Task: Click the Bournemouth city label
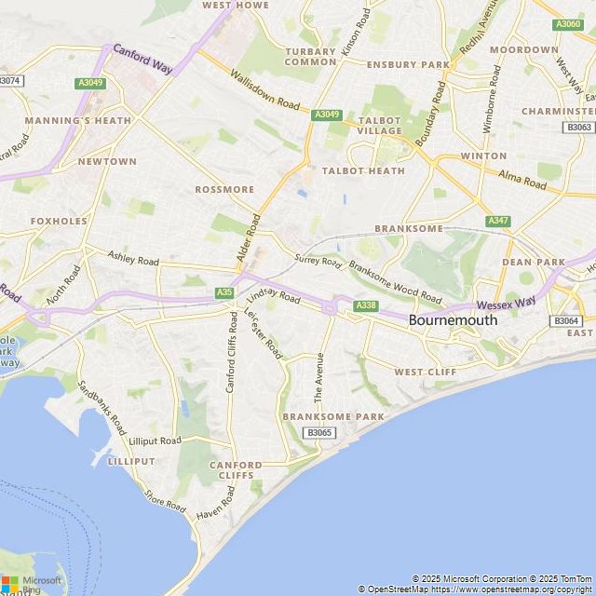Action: coord(453,319)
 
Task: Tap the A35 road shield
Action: coord(224,292)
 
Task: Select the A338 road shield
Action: coord(366,305)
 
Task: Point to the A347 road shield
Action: coord(498,221)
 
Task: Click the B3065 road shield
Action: coord(318,432)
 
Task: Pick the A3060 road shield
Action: coord(566,24)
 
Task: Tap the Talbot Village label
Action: coord(380,126)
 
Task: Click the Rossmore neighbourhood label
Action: coord(224,189)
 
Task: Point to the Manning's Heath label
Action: coord(65,121)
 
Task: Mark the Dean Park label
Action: coord(534,263)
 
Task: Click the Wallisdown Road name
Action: coord(265,89)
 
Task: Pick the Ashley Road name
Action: coord(134,257)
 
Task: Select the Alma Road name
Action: coord(522,180)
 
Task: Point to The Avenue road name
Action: coord(318,377)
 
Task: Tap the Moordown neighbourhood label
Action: coord(524,49)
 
